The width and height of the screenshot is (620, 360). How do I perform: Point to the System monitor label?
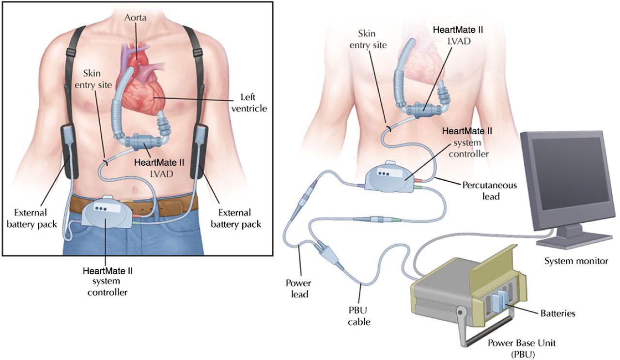pyautogui.click(x=576, y=261)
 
